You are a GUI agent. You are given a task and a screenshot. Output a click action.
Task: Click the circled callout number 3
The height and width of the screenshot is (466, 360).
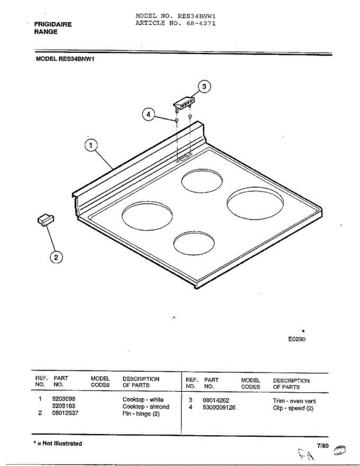click(204, 87)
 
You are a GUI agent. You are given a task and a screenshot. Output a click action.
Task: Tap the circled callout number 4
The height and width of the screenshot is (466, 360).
click(148, 115)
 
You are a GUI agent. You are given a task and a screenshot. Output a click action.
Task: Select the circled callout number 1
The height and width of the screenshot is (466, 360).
click(91, 145)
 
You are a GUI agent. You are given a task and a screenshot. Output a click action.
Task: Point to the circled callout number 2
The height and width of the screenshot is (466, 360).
click(56, 257)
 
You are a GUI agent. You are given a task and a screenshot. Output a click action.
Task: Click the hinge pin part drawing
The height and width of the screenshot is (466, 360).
click(46, 220)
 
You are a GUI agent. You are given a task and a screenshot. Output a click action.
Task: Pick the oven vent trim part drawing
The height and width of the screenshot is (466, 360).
click(184, 104)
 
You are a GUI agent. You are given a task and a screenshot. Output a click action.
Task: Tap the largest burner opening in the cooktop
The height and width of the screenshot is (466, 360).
click(255, 203)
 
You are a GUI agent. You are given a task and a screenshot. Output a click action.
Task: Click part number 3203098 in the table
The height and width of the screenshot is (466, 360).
click(64, 399)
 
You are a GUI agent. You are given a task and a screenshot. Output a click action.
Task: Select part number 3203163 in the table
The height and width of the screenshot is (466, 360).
click(64, 406)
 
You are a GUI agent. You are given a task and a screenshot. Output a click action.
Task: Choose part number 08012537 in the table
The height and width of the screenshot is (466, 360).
click(65, 413)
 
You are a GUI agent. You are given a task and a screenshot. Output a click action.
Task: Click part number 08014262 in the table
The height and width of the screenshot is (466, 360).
click(216, 400)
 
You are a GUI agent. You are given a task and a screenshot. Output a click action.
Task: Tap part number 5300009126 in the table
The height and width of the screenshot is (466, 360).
click(219, 407)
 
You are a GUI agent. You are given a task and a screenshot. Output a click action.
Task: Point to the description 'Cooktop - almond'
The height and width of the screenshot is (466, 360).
click(146, 407)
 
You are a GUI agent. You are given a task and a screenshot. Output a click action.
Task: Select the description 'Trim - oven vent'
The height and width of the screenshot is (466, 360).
click(294, 401)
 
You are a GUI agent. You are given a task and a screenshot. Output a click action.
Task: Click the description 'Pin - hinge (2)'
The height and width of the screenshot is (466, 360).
click(141, 414)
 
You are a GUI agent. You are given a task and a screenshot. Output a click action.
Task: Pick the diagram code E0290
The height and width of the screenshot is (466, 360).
click(297, 339)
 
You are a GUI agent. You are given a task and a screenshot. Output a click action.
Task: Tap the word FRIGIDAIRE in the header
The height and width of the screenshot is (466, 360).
click(53, 24)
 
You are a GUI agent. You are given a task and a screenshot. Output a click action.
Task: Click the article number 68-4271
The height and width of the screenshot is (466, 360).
click(201, 23)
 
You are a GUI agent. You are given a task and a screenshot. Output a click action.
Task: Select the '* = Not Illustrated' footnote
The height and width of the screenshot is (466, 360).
click(58, 443)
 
